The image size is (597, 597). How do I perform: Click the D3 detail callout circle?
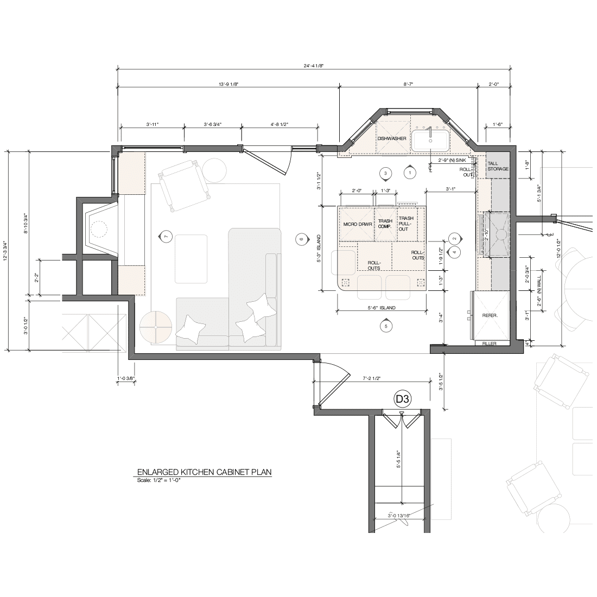[403, 399]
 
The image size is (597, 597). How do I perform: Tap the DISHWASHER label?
[392, 138]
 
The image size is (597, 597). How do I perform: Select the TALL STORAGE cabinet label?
[498, 166]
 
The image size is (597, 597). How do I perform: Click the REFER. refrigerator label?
[490, 315]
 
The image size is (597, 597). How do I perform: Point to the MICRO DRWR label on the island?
[358, 224]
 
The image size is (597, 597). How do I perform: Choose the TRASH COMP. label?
[385, 224]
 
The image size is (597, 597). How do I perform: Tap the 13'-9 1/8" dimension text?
[228, 84]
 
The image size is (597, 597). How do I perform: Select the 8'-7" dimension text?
[408, 84]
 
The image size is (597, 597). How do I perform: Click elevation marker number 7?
[165, 237]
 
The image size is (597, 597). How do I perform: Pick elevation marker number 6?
[301, 239]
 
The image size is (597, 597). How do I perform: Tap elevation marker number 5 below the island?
[386, 326]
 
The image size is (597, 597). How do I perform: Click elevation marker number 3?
[385, 173]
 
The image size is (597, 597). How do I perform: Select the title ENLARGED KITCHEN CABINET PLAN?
[204, 472]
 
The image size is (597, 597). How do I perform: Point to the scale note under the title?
[159, 480]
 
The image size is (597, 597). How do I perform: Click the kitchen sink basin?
[430, 141]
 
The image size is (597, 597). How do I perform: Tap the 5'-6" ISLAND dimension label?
[382, 308]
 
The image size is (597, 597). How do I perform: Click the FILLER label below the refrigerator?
[489, 344]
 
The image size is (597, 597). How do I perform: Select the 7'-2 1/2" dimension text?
[372, 378]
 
